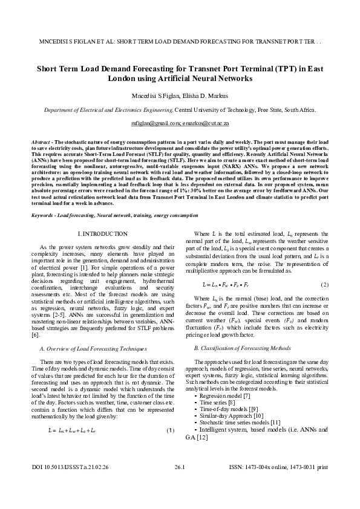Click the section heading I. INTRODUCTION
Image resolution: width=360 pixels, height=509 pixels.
103,233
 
